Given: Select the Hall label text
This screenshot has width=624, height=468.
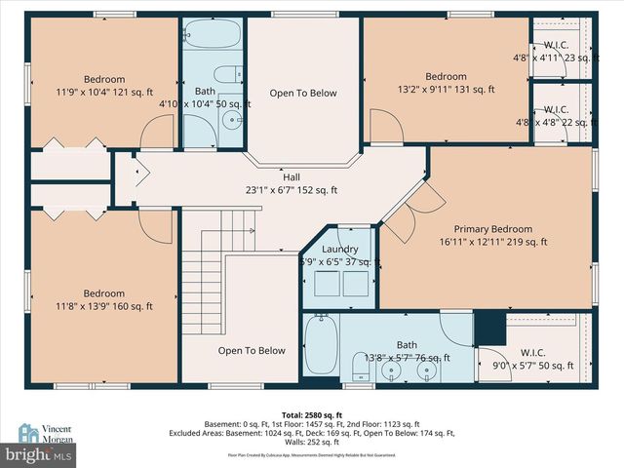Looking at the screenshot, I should click(291, 176).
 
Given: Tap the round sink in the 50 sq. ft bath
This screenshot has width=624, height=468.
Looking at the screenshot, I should click(231, 121).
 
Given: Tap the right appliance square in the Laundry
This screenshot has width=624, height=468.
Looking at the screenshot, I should click(354, 283).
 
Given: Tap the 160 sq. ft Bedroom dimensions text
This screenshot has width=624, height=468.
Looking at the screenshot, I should click(103, 306).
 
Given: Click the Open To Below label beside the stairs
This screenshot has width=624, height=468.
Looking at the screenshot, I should click(251, 351).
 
